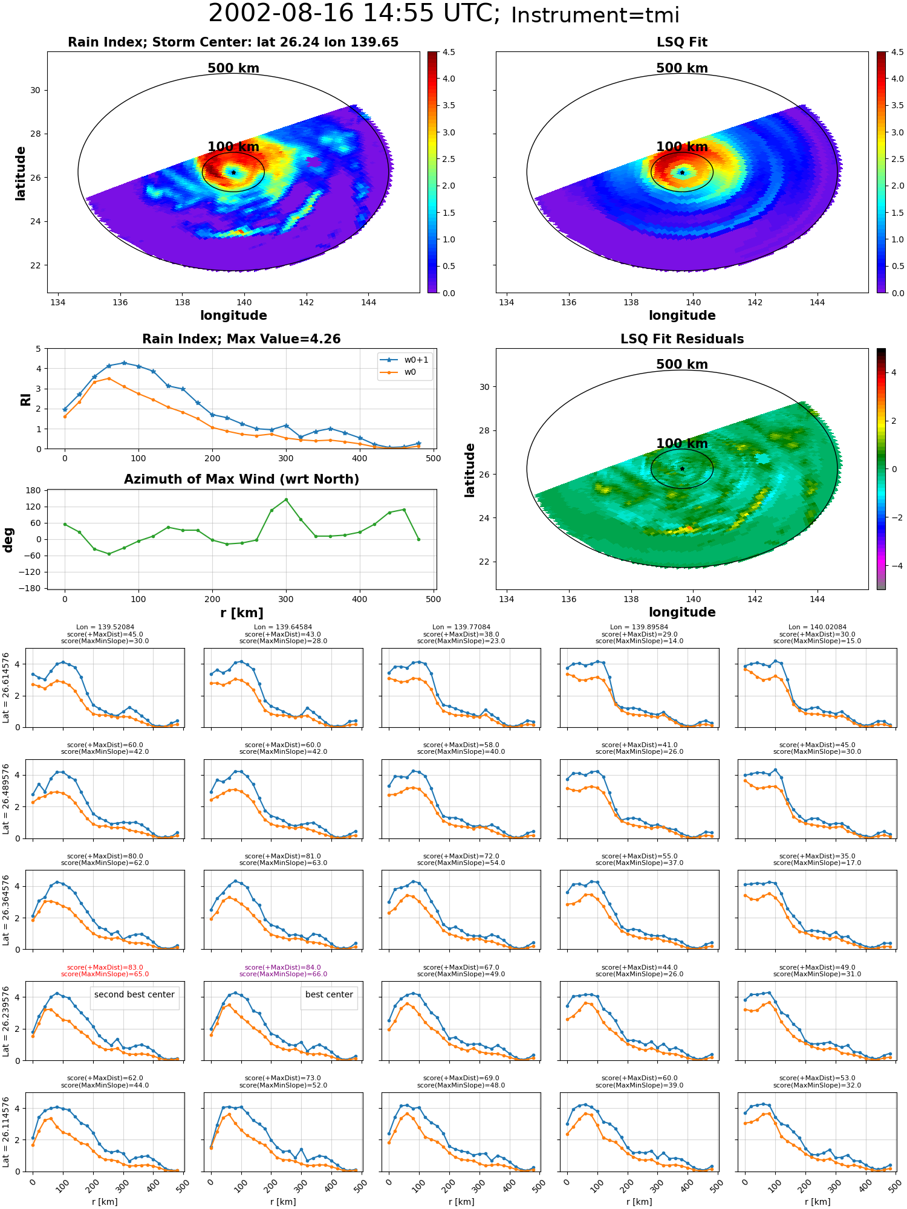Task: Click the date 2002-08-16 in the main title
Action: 281,13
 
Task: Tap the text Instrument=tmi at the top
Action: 595,15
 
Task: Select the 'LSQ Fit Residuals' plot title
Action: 682,339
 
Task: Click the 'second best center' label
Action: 134,994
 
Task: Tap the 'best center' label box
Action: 329,994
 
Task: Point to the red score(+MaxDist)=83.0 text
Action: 105,967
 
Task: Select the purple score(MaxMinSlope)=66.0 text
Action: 283,974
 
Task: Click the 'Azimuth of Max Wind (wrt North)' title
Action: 241,479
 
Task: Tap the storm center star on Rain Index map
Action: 233,172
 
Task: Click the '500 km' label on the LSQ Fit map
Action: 682,68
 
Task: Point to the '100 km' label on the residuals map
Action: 682,444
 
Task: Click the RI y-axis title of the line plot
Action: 26,399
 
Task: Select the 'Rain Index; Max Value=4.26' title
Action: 241,339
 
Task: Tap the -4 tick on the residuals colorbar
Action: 893,566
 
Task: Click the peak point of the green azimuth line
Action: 286,499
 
